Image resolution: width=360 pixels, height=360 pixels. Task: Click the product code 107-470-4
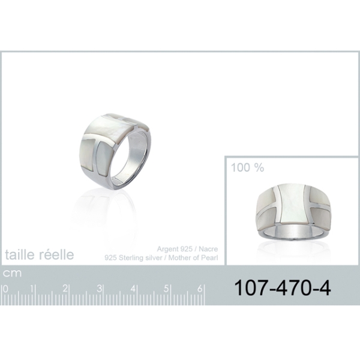coord(283,288)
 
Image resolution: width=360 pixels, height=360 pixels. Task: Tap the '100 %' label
coord(247,167)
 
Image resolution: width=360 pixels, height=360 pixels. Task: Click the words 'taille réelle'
coord(40,254)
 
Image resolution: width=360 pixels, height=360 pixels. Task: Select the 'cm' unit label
coord(12,273)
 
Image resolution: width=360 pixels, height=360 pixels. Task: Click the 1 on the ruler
coord(32,289)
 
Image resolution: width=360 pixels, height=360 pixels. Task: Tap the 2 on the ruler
coord(65,289)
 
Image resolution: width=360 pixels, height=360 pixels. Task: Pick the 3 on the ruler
coord(99,289)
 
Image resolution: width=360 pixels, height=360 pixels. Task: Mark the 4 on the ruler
coord(133,289)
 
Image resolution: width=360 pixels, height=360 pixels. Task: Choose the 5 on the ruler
coord(166,289)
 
